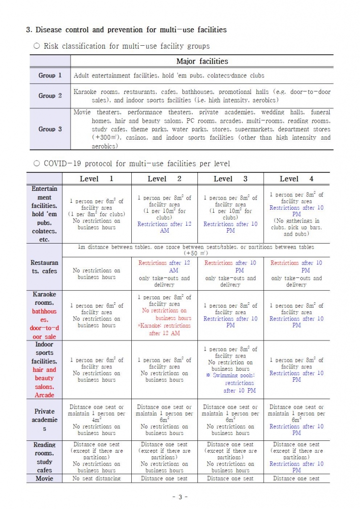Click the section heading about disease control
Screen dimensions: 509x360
tap(126, 30)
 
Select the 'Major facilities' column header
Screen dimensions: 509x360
tap(202, 62)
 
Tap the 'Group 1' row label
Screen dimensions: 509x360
tap(50, 76)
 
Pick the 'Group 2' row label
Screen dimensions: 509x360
tap(50, 95)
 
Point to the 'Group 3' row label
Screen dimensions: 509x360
tap(50, 129)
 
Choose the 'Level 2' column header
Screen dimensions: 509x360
tap(164, 179)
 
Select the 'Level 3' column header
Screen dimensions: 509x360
tap(230, 179)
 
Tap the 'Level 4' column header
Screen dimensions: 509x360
tap(296, 179)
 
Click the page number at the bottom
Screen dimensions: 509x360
tap(180, 497)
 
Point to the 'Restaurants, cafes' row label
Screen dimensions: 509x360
tap(44, 267)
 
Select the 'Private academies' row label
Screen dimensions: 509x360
tap(44, 420)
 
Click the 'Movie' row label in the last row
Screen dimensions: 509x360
tap(44, 479)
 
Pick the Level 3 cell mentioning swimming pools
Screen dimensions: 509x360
tap(230, 370)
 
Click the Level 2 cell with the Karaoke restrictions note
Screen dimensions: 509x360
tap(164, 315)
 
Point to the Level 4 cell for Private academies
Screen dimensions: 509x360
tap(296, 420)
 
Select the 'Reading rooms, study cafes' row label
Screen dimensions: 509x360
tap(44, 457)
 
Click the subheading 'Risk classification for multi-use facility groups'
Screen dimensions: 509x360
tap(126, 46)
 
